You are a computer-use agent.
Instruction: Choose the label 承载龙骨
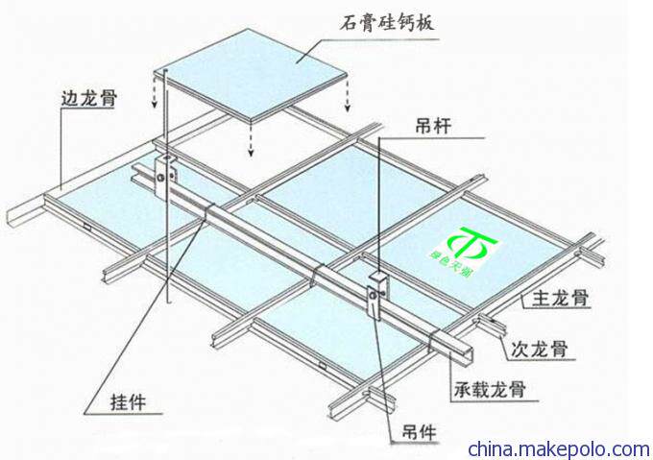(494, 391)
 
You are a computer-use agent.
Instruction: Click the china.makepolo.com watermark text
(558, 448)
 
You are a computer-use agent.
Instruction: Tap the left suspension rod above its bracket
(164, 106)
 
